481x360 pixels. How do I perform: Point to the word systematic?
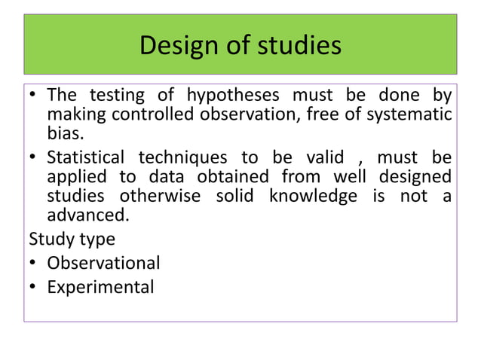pos(411,115)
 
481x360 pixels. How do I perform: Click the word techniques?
pos(184,159)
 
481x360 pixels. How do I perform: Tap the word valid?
pos(325,159)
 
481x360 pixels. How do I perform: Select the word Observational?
pos(103,264)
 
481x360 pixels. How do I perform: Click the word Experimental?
pos(100,287)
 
